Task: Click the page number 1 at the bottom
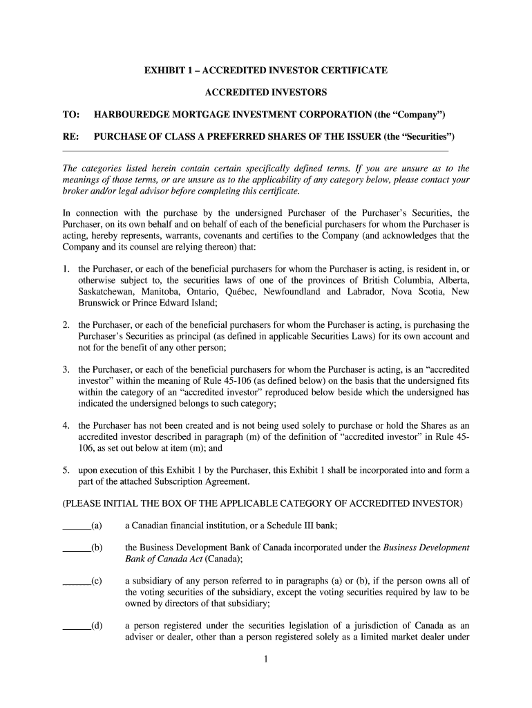click(265, 660)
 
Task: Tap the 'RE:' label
click(71, 136)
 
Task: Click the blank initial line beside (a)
click(76, 526)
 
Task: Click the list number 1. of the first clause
click(66, 269)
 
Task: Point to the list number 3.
click(66, 370)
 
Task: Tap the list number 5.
click(66, 470)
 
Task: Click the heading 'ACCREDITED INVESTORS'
click(266, 92)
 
